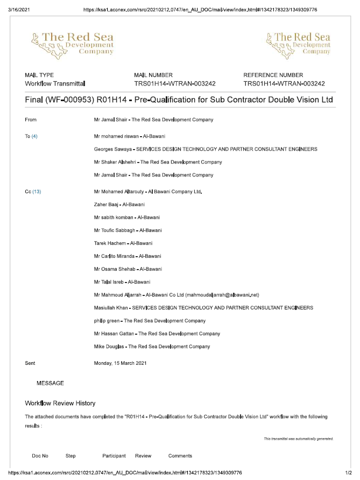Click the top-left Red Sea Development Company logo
72,44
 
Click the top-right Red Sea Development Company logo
298,44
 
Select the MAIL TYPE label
39,75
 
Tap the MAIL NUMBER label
153,75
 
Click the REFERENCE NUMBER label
273,75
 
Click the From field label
31,119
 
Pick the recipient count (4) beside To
34,136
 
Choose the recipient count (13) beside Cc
37,192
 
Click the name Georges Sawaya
111,149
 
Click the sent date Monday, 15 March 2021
120,363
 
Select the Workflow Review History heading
60,403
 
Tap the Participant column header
114,456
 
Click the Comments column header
180,456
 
